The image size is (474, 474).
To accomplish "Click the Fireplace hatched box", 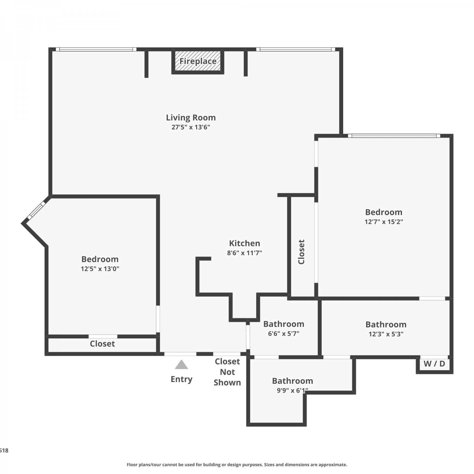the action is (198, 61).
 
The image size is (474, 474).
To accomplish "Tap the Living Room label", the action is (191, 118).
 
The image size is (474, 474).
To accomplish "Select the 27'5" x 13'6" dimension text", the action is (191, 127).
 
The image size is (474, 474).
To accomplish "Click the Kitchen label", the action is (245, 243).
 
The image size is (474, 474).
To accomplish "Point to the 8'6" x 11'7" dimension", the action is (245, 253).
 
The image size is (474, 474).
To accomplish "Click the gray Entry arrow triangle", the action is (181, 365).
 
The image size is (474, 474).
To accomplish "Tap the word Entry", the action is (181, 379).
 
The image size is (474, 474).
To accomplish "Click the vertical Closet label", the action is (301, 252).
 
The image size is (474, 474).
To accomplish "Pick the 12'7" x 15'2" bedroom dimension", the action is (384, 222).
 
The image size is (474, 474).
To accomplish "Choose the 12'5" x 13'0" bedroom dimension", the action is (100, 269).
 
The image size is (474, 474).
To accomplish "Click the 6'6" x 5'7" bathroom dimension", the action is (284, 334).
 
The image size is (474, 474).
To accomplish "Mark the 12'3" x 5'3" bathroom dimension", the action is (386, 334).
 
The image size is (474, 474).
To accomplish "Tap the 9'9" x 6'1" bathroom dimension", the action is (292, 391).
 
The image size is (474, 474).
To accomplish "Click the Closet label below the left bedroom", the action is (102, 344).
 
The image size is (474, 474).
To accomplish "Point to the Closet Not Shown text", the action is (227, 372).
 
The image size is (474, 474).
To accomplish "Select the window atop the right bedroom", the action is (394, 136).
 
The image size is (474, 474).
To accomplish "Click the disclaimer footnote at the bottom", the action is (237, 465).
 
